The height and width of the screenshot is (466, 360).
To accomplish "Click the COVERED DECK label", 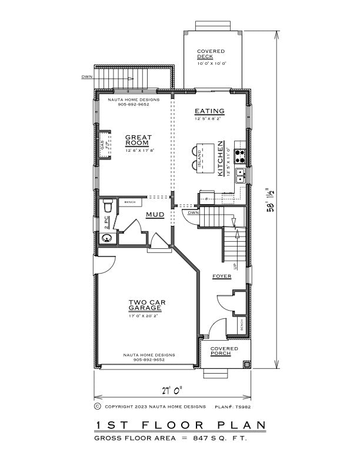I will click(211, 55).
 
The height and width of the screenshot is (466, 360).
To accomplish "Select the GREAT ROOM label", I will click(138, 141).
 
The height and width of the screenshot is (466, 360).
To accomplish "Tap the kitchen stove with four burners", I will click(241, 156).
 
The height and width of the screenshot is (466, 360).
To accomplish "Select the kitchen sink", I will click(241, 174).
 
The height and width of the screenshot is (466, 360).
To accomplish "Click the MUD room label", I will click(155, 215).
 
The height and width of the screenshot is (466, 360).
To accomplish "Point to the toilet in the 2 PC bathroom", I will click(107, 207).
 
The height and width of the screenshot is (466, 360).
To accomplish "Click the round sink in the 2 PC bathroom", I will click(106, 238).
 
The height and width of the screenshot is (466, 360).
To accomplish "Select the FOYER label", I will click(222, 276).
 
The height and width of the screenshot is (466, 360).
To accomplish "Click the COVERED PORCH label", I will click(224, 351).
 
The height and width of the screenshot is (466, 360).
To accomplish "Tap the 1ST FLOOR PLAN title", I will click(179, 425).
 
